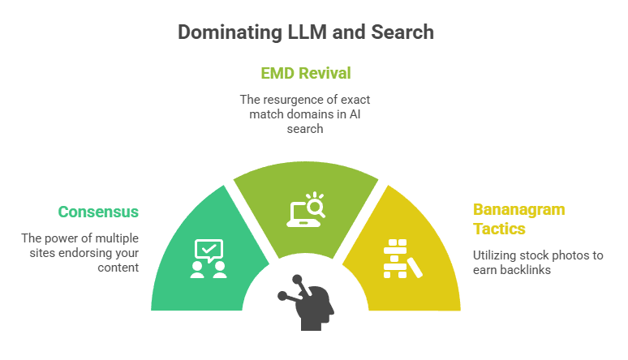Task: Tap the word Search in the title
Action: (x=404, y=32)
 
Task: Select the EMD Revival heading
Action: (x=305, y=73)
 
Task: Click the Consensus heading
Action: (x=98, y=212)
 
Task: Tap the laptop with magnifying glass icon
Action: (x=305, y=208)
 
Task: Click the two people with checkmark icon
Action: (x=208, y=259)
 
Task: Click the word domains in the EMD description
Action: (x=308, y=114)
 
